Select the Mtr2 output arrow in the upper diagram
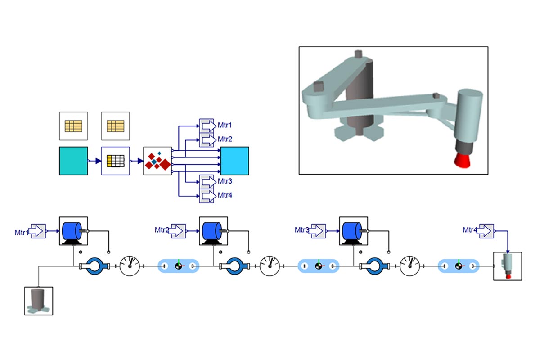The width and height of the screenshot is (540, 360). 207,139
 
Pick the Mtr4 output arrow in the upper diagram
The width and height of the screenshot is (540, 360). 207,195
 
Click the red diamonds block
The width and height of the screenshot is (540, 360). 157,161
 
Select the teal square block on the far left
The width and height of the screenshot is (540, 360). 73,161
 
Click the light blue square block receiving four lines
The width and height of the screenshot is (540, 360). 234,161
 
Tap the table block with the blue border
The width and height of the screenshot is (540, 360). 115,161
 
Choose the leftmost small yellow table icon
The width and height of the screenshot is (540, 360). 73,126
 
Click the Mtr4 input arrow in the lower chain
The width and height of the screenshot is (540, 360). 486,231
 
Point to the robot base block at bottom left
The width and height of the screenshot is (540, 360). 38,301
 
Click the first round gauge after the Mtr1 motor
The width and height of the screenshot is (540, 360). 130,266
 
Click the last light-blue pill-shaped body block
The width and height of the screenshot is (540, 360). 458,266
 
